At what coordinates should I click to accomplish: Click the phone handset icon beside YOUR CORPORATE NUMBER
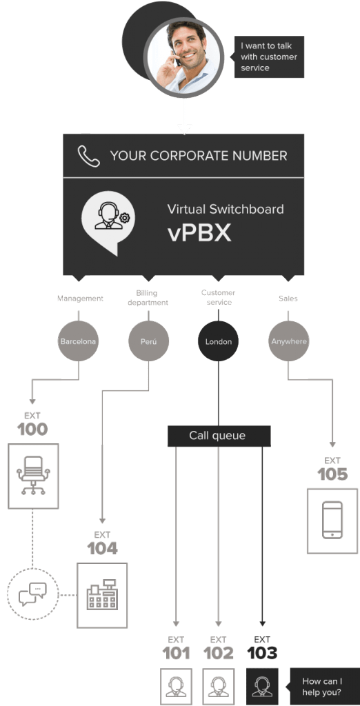click(89, 156)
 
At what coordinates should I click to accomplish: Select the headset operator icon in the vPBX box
click(109, 218)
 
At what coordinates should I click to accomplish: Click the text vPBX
click(199, 233)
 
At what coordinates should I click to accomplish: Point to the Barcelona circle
click(79, 341)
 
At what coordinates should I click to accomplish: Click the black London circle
click(218, 341)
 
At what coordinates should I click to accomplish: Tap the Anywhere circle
click(288, 341)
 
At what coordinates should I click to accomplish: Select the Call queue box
click(218, 436)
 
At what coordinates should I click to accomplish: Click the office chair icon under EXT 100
click(33, 475)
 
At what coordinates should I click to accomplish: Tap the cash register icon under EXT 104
click(102, 595)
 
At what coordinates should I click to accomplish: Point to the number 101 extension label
click(177, 653)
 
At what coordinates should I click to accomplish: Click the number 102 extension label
click(218, 653)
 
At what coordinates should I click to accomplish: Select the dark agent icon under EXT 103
click(262, 686)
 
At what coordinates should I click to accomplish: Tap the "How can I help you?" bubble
click(324, 687)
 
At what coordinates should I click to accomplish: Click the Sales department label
click(288, 299)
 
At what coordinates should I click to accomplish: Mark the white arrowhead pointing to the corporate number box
click(183, 128)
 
